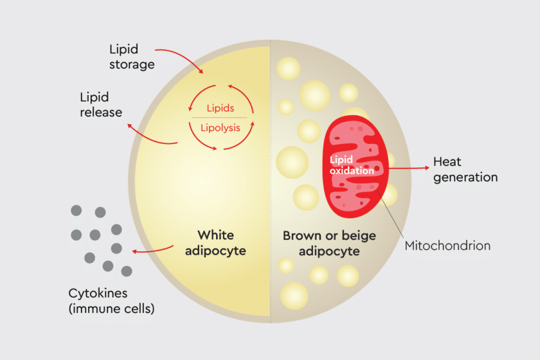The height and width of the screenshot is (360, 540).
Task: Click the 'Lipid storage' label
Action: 132,57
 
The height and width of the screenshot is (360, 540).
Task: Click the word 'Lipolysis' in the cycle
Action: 221,127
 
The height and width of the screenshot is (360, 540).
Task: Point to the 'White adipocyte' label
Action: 215,243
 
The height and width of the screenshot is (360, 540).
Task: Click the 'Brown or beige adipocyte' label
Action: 329,243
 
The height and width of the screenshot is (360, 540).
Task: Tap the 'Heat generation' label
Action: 465,170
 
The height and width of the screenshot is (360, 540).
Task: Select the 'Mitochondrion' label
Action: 447,246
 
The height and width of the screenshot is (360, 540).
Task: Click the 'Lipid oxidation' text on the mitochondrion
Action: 351,165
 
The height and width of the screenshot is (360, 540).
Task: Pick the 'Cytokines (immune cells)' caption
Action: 111,301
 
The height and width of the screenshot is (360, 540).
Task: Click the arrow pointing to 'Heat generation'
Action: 409,168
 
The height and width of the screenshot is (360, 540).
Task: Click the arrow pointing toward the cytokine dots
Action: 153,250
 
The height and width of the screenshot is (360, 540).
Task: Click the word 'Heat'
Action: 447,162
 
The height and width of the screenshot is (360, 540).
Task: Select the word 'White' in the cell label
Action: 215,235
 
